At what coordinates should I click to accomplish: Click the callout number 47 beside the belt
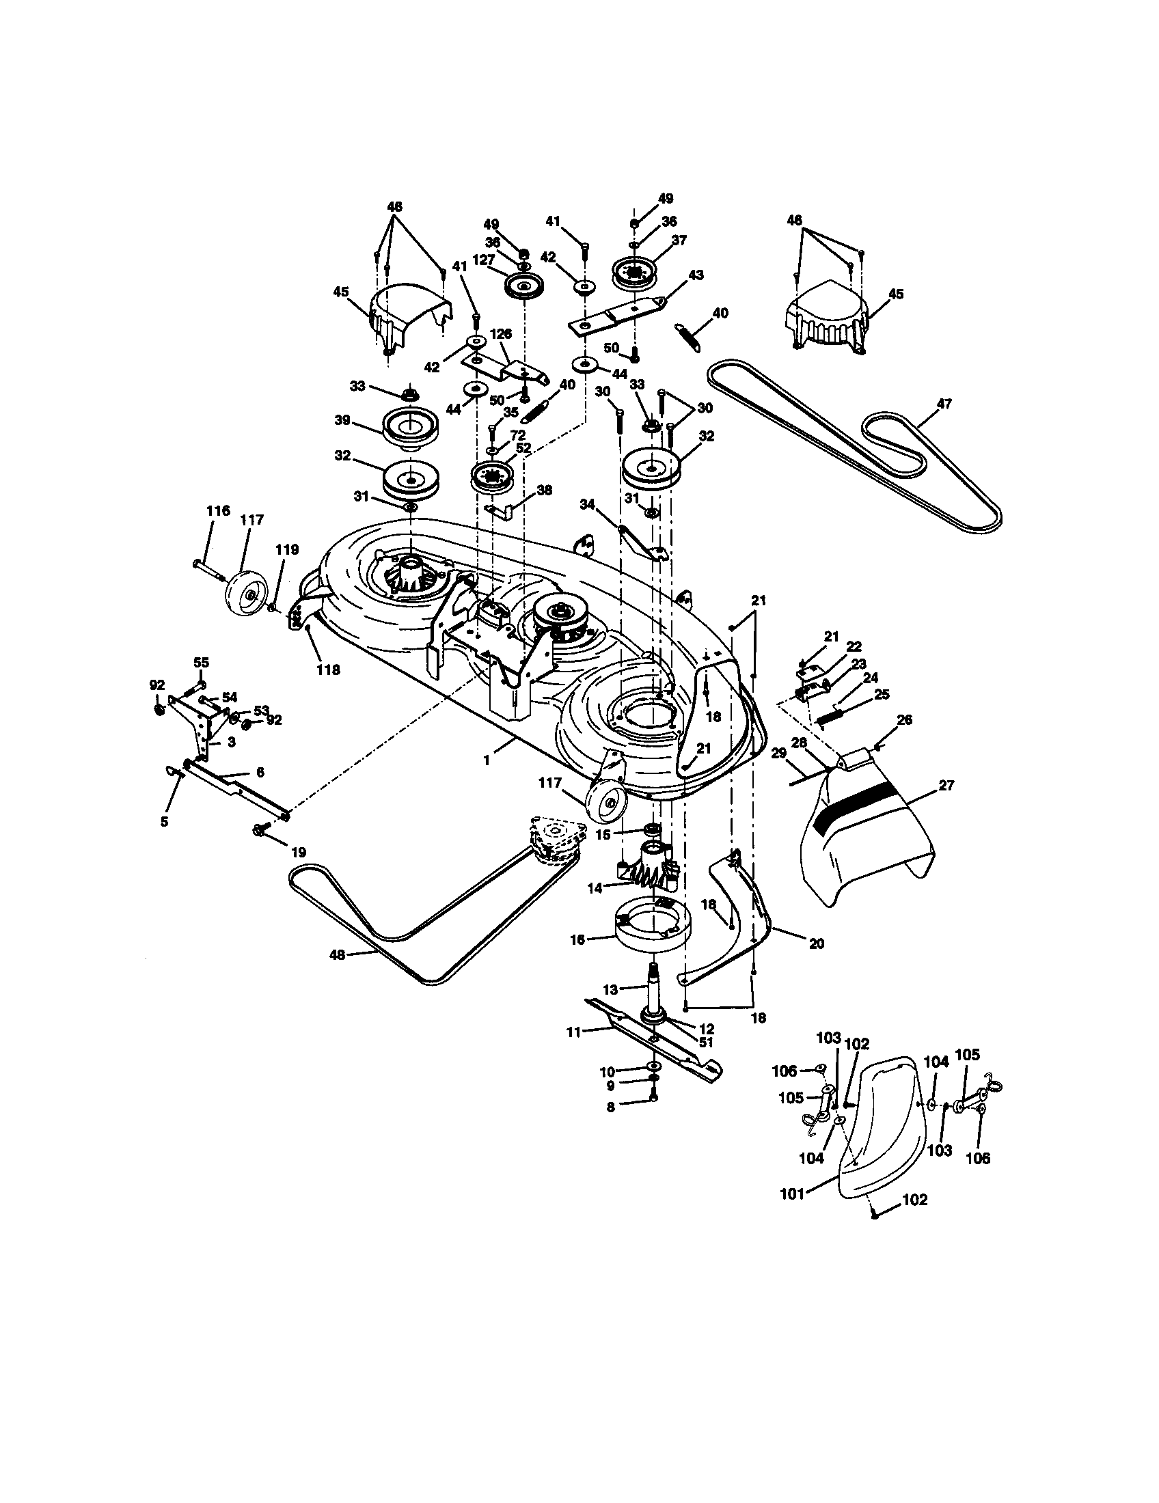[944, 404]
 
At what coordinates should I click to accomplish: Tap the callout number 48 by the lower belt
[337, 954]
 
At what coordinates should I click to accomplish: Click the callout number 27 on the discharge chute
[946, 784]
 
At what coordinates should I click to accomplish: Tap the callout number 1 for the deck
[487, 761]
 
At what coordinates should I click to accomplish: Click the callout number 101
[792, 1195]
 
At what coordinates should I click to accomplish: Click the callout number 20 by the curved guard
[816, 944]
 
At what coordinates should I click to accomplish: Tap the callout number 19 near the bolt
[298, 852]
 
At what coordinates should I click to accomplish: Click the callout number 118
[327, 669]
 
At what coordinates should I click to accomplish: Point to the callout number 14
[594, 888]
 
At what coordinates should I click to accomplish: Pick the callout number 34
[586, 504]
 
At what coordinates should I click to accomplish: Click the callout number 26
[904, 720]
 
